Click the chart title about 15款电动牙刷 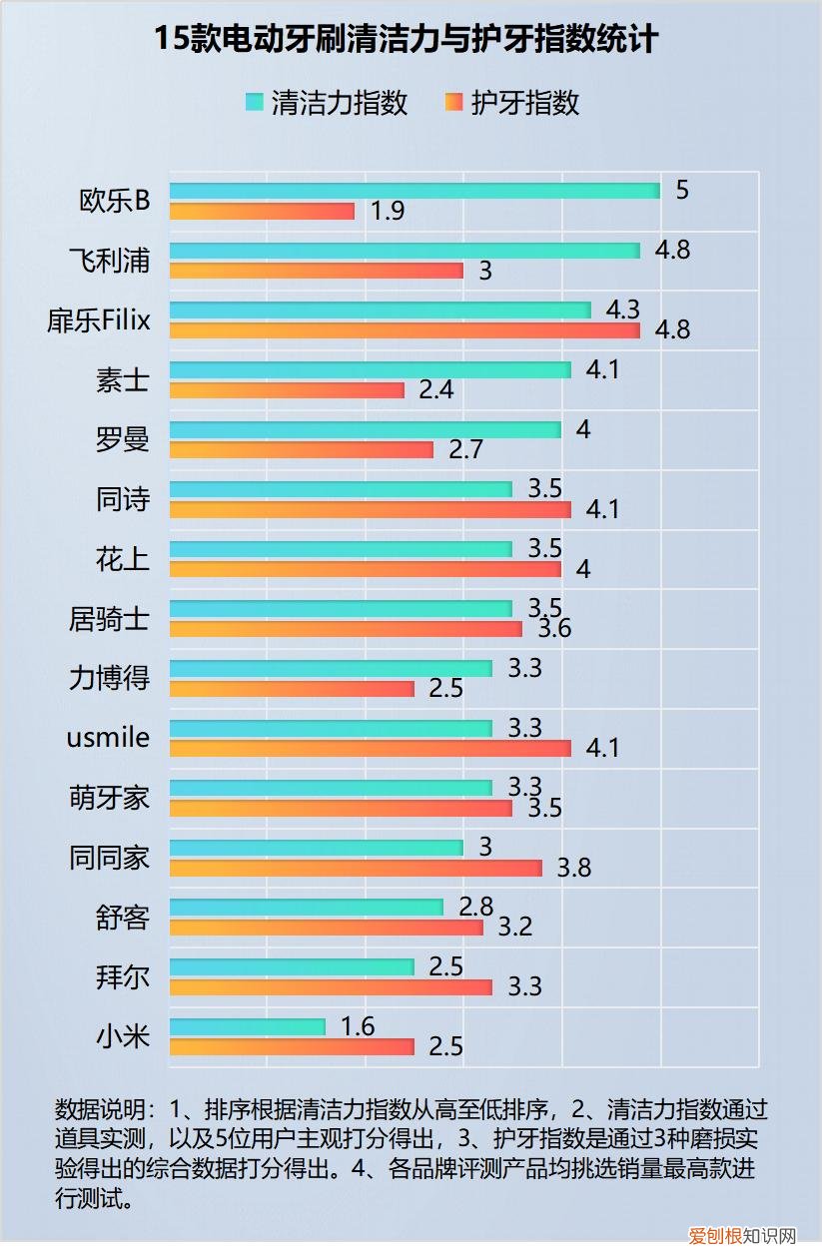[407, 40]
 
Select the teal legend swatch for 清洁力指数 [255, 102]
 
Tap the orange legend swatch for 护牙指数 [454, 102]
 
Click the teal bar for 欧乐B [414, 191]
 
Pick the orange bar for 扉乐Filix [405, 330]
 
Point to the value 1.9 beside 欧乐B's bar [388, 212]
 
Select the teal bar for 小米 [248, 1026]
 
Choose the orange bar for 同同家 [356, 868]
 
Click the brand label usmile [108, 738]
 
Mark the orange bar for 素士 [287, 390]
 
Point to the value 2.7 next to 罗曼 [466, 449]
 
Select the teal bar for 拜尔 [292, 966]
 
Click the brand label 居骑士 [110, 619]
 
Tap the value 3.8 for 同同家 [574, 868]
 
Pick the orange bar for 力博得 [292, 689]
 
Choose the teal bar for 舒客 [306, 907]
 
